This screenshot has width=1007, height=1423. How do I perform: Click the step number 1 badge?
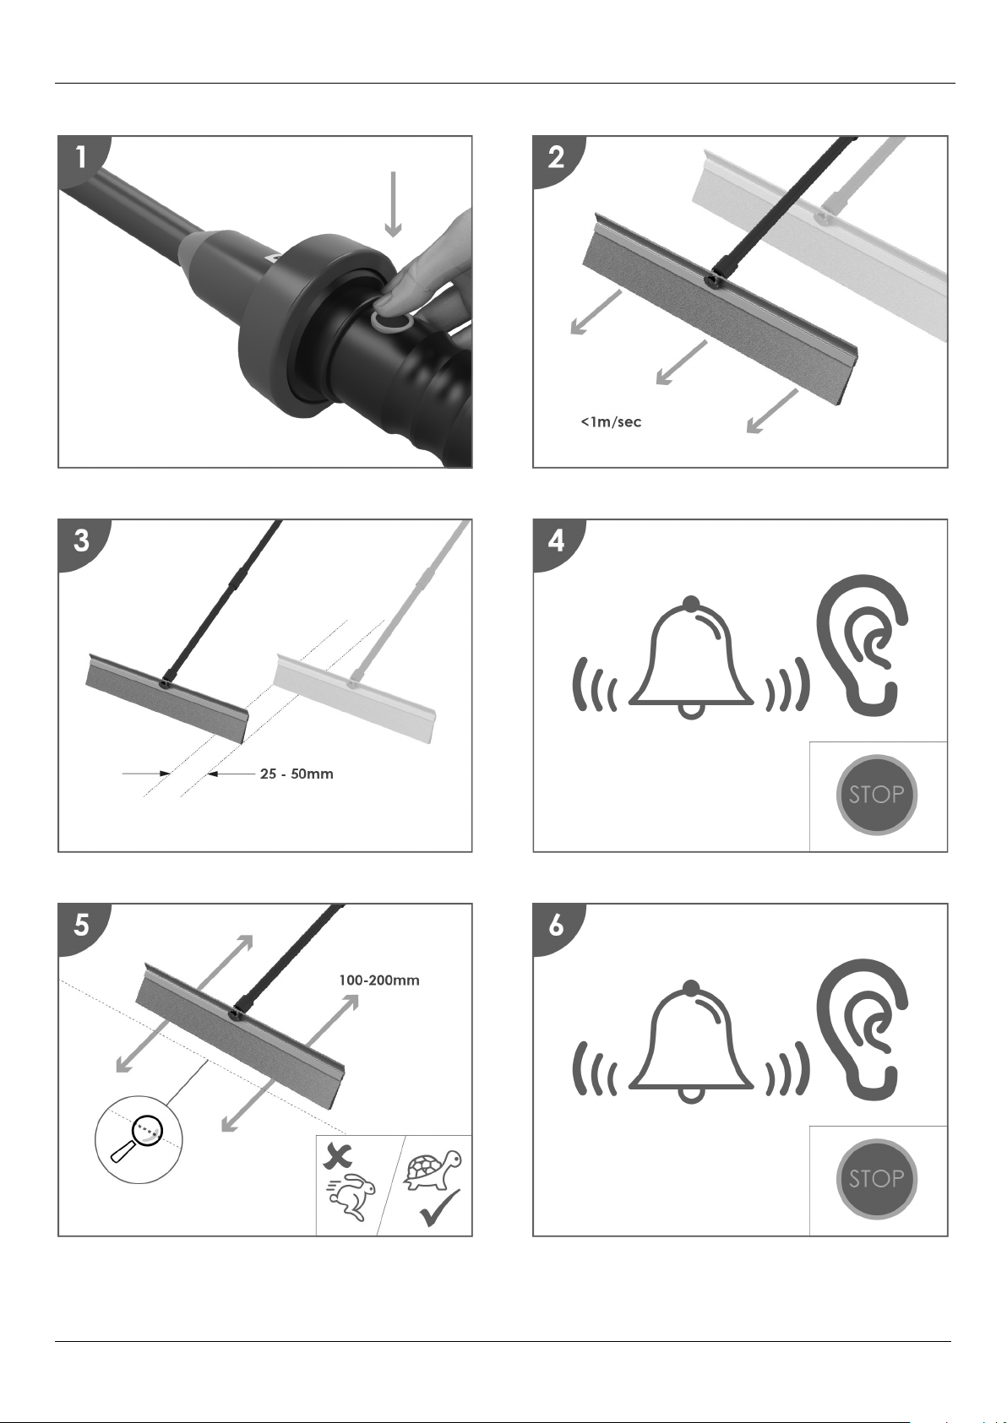tap(81, 158)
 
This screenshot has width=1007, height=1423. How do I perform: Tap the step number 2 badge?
tap(556, 158)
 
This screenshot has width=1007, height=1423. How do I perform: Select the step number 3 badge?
tap(81, 541)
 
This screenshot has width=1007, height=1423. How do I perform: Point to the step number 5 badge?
tap(81, 926)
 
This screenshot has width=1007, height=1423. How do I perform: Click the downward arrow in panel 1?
tap(393, 203)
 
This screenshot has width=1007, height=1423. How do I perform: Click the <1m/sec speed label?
tap(610, 421)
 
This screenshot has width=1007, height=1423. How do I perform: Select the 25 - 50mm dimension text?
tap(297, 774)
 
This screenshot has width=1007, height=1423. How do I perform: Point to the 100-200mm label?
tap(379, 980)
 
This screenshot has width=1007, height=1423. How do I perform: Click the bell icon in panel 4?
tap(691, 659)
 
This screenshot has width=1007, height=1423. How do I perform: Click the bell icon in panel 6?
tap(691, 1043)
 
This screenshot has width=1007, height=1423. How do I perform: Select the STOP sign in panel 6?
tap(876, 1178)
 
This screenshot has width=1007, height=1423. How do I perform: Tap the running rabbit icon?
tap(346, 1199)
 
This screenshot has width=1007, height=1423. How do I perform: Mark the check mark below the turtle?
tap(439, 1209)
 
